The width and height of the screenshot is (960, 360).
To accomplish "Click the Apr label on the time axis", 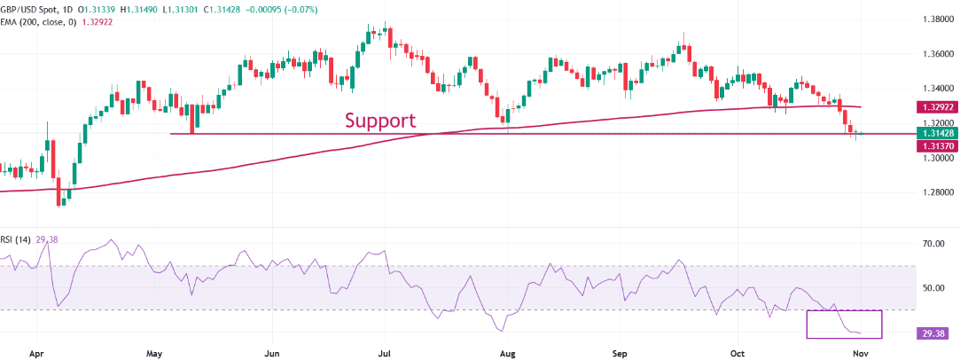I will pos(36,352).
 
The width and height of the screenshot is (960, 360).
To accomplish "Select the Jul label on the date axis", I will pos(386,352).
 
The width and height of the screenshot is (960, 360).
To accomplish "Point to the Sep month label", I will pos(620,352).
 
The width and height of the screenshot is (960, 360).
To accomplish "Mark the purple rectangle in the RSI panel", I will pos(844,325).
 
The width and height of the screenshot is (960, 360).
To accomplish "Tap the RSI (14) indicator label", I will pos(19,238).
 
